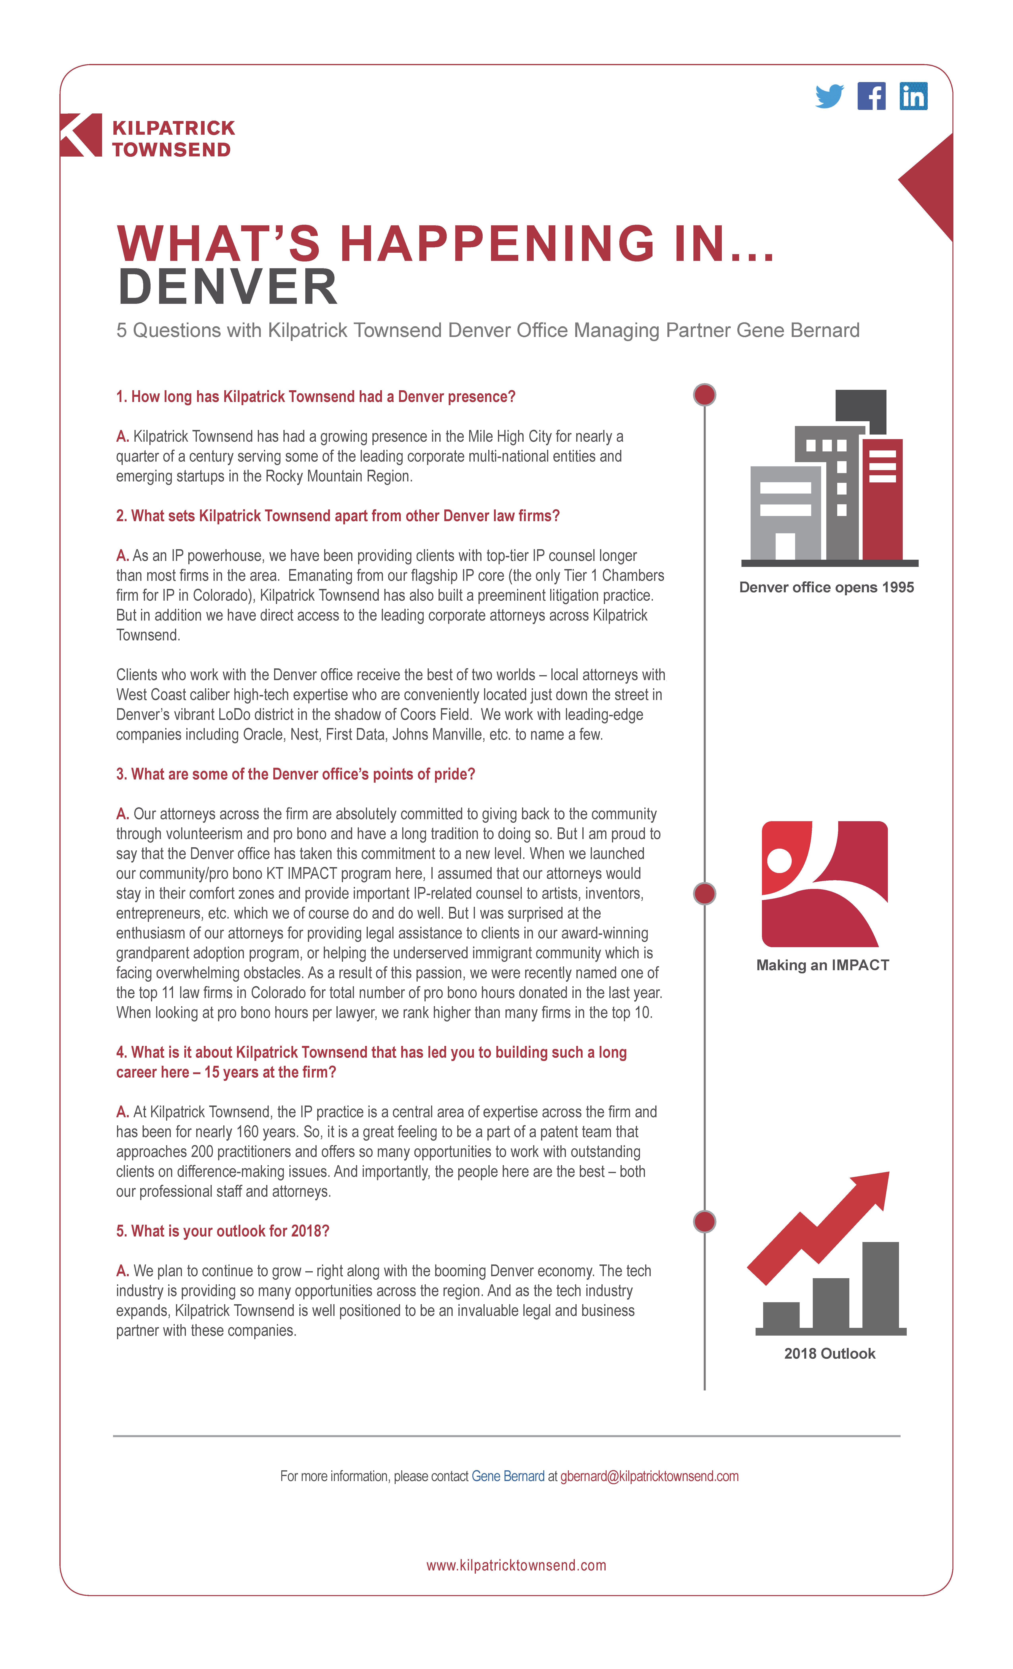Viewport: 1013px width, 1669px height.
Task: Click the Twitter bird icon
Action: (829, 96)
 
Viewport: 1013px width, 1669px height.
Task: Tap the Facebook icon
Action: (872, 96)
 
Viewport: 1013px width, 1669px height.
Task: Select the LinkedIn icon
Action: (913, 96)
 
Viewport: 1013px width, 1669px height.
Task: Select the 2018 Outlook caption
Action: (829, 1353)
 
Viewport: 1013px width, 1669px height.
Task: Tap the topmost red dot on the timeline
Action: (704, 394)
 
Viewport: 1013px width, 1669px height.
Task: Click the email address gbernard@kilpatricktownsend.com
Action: (649, 1476)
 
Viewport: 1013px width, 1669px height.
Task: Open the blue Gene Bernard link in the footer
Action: (508, 1476)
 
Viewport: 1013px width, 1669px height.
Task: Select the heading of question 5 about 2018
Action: (223, 1231)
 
